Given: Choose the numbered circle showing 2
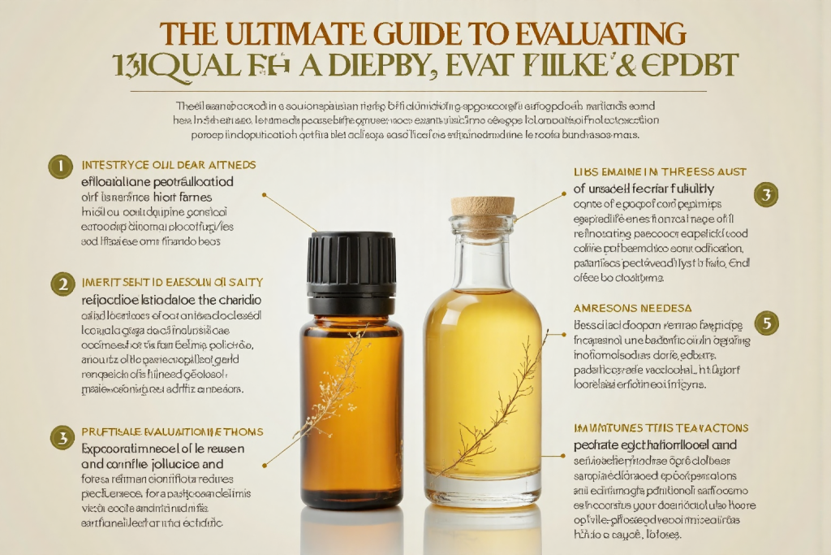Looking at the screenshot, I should pos(62,284).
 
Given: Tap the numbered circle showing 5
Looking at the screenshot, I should pos(766,323).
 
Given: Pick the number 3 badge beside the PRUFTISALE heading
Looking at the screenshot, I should pos(62,437).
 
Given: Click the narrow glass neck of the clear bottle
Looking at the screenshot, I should pos(482,252).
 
